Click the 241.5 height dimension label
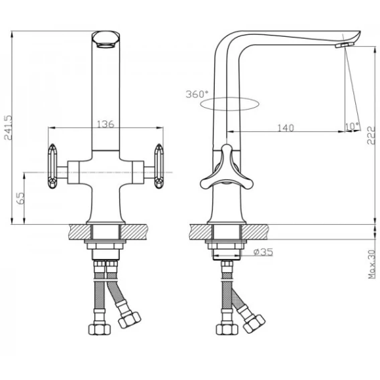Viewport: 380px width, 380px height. coord(8,128)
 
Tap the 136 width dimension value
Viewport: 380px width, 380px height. coord(106,124)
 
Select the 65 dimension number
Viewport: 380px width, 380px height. coord(20,198)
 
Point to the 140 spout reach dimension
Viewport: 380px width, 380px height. coord(286,128)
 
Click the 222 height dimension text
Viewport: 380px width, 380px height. coord(371,135)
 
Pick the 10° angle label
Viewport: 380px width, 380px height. coord(352,126)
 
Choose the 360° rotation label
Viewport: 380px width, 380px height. coord(197,94)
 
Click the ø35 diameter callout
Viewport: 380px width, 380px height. coord(263,252)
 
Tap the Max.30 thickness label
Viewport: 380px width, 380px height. coord(371,264)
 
